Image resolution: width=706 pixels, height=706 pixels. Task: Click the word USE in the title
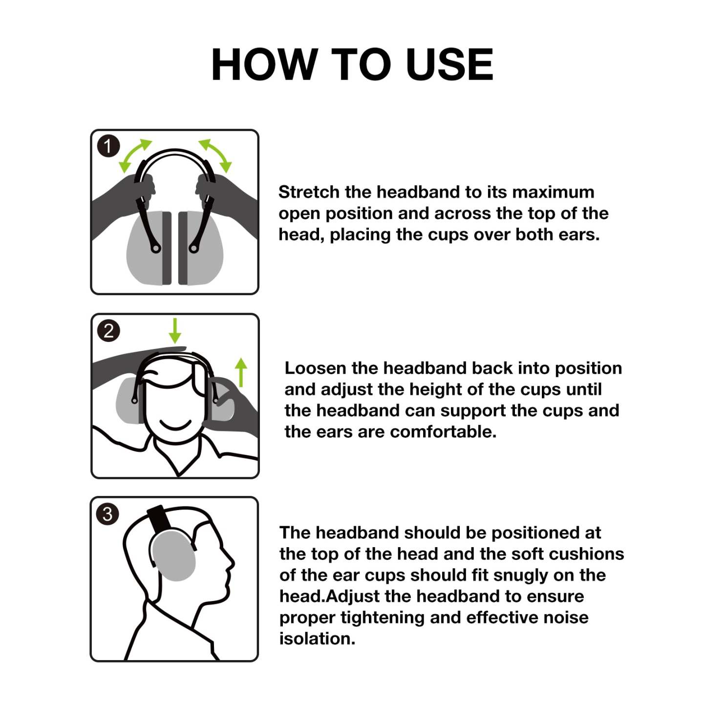pos(449,64)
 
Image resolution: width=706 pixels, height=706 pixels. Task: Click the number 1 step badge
pos(108,146)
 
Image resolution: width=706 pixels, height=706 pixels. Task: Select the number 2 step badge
pos(108,331)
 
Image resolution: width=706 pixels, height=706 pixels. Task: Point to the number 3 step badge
pos(108,514)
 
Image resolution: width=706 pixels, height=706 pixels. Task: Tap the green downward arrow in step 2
pos(175,331)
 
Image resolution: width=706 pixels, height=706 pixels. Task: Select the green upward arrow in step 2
pos(241,372)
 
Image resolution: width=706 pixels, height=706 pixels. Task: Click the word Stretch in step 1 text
pos(309,192)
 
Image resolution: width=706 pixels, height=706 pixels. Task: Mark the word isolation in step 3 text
pos(317,639)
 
